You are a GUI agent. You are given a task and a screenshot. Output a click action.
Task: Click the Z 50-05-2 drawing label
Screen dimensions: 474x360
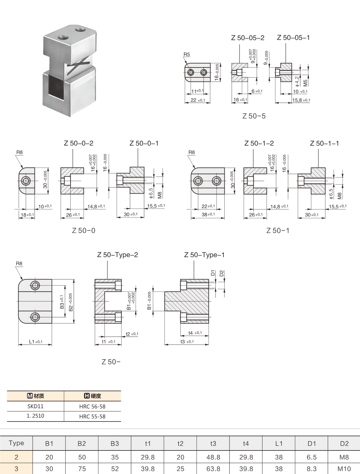pos(248,38)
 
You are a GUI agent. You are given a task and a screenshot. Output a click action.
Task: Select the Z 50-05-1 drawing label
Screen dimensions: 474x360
pos(293,38)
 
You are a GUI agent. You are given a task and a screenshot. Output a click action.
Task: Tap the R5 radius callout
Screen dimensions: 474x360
pos(186,54)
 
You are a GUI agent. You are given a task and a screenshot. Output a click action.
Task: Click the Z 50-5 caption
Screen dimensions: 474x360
pos(254,116)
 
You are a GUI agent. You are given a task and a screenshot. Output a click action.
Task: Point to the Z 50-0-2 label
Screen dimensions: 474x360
pos(79,143)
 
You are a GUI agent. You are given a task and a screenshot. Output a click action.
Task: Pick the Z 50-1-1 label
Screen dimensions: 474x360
pos(324,143)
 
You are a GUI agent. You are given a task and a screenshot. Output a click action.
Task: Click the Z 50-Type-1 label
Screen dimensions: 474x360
pos(204,255)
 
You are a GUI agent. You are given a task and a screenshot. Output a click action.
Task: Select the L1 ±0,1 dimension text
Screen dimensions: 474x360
pos(35,342)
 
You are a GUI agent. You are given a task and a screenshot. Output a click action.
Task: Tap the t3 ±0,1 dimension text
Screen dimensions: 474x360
pos(187,341)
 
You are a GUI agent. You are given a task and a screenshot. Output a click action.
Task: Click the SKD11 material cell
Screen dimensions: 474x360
pos(35,406)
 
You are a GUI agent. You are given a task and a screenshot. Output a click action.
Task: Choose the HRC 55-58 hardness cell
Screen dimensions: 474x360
pos(92,416)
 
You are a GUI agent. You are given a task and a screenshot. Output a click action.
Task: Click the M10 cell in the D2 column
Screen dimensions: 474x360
pos(344,469)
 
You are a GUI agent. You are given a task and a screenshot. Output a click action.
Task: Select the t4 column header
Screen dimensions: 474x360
pos(246,443)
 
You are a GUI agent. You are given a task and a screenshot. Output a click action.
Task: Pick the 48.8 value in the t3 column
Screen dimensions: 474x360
pos(213,457)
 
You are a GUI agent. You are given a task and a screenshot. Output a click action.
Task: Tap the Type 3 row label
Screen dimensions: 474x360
pos(16,469)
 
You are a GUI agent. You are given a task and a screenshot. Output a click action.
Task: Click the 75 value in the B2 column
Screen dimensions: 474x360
pos(82,469)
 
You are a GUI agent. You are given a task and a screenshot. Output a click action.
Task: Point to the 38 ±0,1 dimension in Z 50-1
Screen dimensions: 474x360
pos(208,214)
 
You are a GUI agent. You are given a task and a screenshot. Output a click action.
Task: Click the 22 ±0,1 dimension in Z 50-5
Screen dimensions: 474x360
pos(197,100)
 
